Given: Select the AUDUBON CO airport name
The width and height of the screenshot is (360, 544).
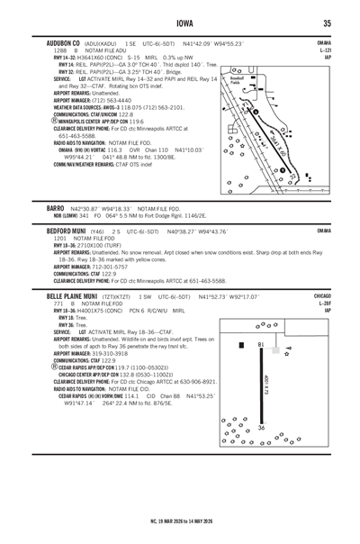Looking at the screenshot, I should (x=51, y=42).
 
